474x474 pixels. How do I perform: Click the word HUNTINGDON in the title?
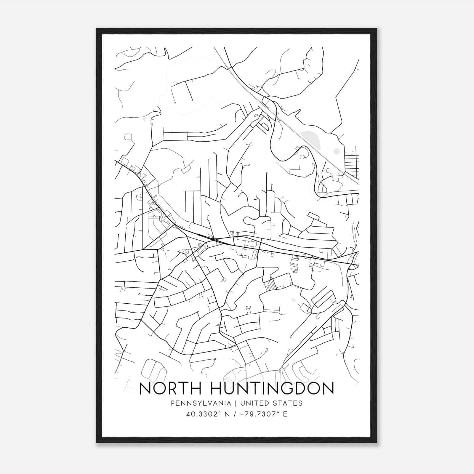tap(272, 388)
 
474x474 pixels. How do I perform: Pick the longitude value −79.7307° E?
tap(262, 414)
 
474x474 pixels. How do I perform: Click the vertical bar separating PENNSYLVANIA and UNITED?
tap(236, 403)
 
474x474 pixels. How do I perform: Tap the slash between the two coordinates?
tap(234, 414)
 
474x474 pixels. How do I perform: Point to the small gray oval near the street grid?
tap(336, 151)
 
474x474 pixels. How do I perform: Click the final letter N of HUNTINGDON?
tap(328, 388)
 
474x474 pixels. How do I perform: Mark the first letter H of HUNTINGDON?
tap(217, 388)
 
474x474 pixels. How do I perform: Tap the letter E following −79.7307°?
tap(285, 414)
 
